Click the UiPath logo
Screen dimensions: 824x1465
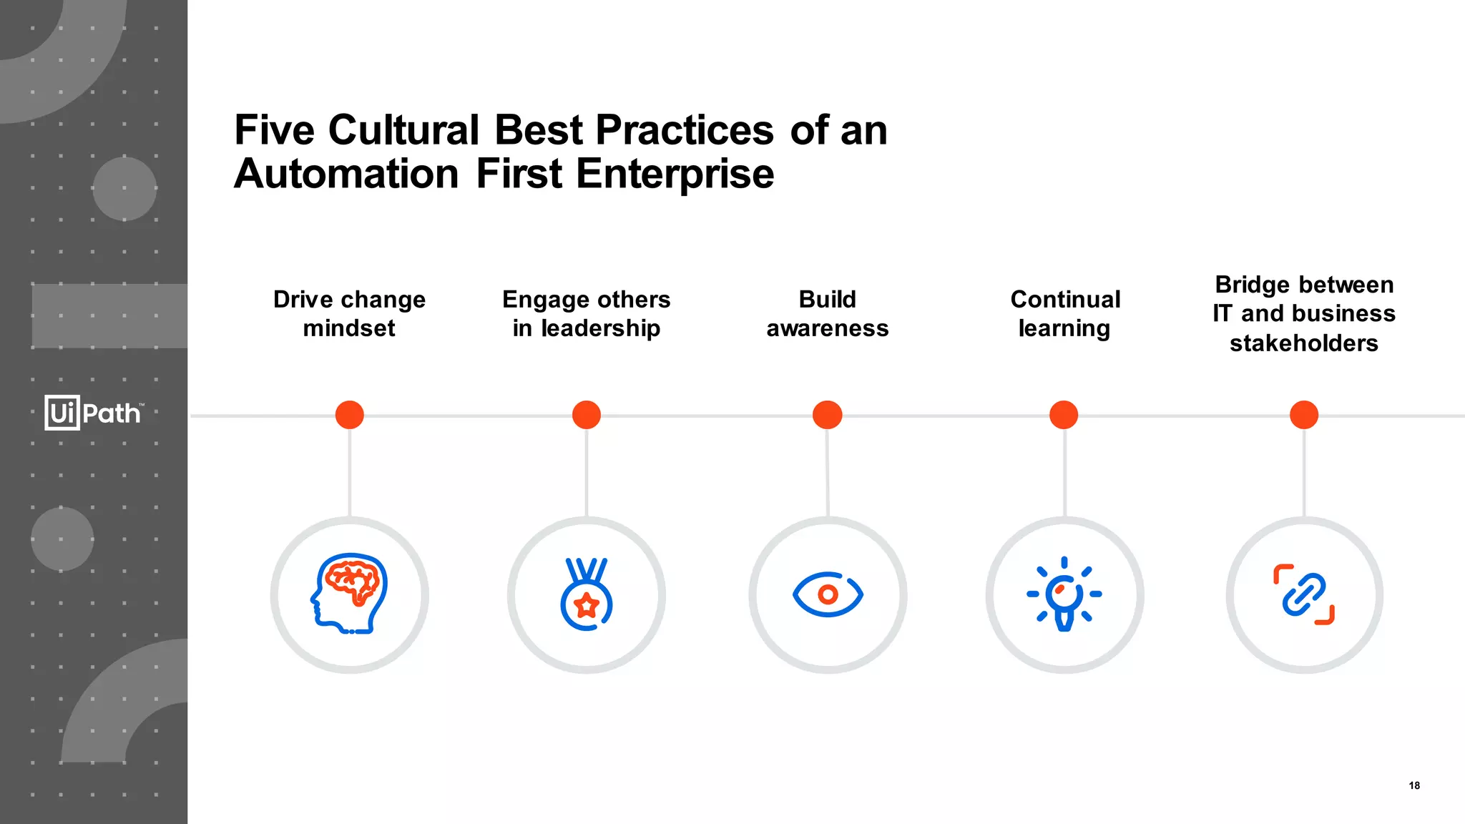pyautogui.click(x=94, y=413)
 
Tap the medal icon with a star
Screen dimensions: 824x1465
pyautogui.click(x=587, y=594)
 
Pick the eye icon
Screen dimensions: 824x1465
pyautogui.click(x=828, y=594)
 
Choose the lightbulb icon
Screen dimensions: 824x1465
pyautogui.click(x=1064, y=594)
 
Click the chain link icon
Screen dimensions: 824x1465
pyautogui.click(x=1304, y=594)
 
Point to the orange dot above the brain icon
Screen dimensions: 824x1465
pyautogui.click(x=350, y=415)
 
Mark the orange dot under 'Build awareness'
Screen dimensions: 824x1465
pyautogui.click(x=828, y=415)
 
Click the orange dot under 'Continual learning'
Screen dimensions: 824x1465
pyautogui.click(x=1064, y=415)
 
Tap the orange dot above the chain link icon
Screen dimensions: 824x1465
pyautogui.click(x=1304, y=415)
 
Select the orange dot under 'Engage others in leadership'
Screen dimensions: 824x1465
pyautogui.click(x=587, y=415)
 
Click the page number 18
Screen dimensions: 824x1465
pyautogui.click(x=1414, y=785)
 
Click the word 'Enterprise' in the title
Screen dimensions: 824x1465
pyautogui.click(x=675, y=175)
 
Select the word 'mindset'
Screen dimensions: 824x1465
pyautogui.click(x=349, y=328)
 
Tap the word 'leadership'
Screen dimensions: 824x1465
pyautogui.click(x=600, y=328)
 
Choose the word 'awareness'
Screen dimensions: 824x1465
pyautogui.click(x=828, y=328)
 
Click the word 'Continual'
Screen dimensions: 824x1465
pyautogui.click(x=1065, y=299)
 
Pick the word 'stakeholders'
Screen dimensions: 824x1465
pyautogui.click(x=1304, y=343)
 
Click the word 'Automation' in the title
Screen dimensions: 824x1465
pyautogui.click(x=346, y=175)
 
